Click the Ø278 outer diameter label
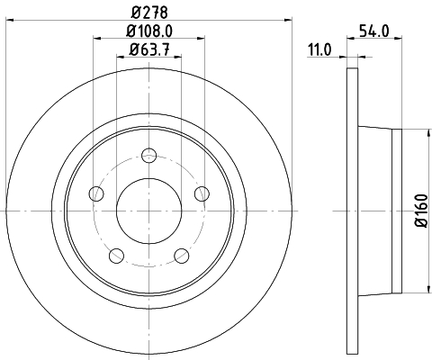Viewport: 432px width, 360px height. click(x=148, y=12)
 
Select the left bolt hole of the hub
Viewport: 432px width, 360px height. click(x=95, y=193)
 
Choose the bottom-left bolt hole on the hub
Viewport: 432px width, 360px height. click(x=115, y=255)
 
